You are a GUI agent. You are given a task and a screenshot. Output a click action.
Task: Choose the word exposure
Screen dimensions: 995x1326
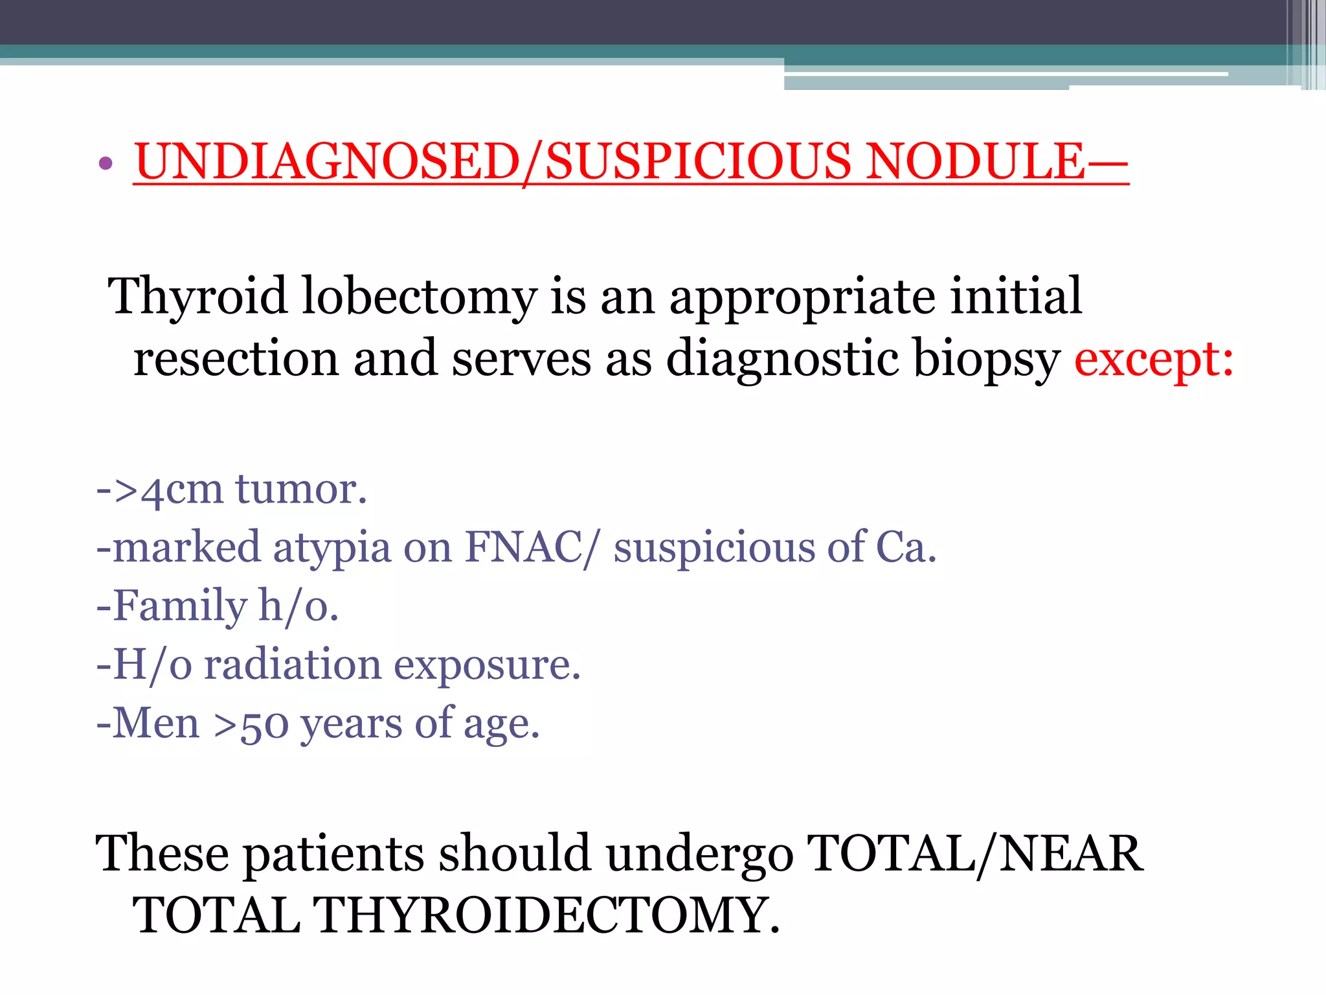click(487, 666)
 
